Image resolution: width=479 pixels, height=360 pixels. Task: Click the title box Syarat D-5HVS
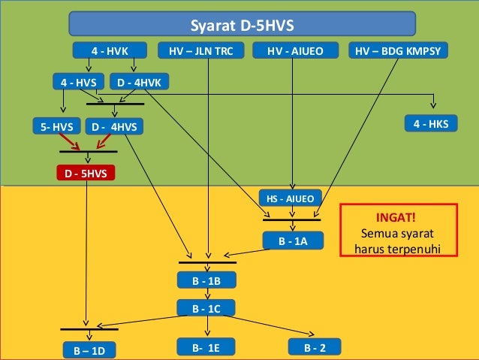[242, 25]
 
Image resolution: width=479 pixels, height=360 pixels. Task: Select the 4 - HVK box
[110, 51]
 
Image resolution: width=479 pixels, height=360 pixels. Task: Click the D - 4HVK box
[141, 81]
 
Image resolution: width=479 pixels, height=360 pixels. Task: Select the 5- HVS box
[57, 127]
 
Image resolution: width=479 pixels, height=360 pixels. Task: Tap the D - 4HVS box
[114, 127]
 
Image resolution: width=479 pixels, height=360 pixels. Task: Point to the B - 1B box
[207, 281]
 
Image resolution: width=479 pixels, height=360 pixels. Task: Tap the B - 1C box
[207, 308]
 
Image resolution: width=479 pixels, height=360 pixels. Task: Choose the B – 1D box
[89, 350]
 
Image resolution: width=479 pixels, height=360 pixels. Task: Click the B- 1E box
[207, 346]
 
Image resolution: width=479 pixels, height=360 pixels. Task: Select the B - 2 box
[315, 346]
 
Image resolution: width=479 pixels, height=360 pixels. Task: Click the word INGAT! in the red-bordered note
[398, 216]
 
